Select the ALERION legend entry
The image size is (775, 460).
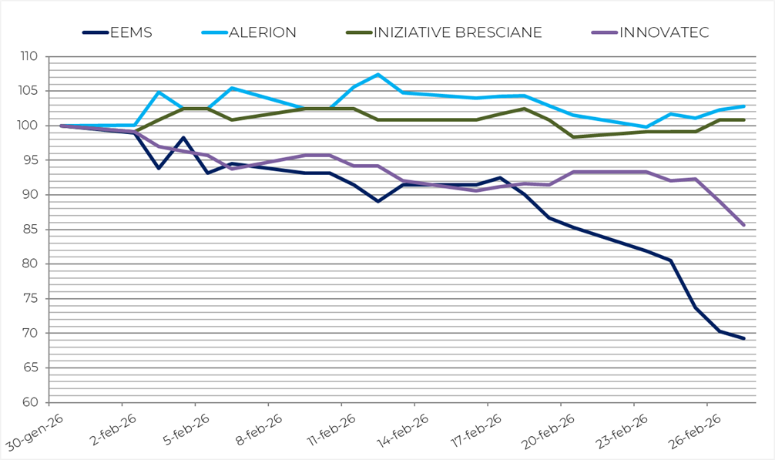tap(263, 32)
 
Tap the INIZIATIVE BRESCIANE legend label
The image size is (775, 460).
tap(458, 32)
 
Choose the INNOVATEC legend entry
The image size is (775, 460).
tap(664, 32)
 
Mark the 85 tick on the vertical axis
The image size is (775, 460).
tap(32, 230)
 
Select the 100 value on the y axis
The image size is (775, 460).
tap(29, 126)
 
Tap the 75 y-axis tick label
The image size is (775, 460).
tap(32, 299)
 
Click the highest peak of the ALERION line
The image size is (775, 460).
tap(378, 75)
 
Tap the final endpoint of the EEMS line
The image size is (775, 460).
tap(743, 338)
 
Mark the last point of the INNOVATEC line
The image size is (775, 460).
tap(743, 225)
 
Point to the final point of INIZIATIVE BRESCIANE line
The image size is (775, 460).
tap(743, 120)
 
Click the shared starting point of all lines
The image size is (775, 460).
tap(62, 126)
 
